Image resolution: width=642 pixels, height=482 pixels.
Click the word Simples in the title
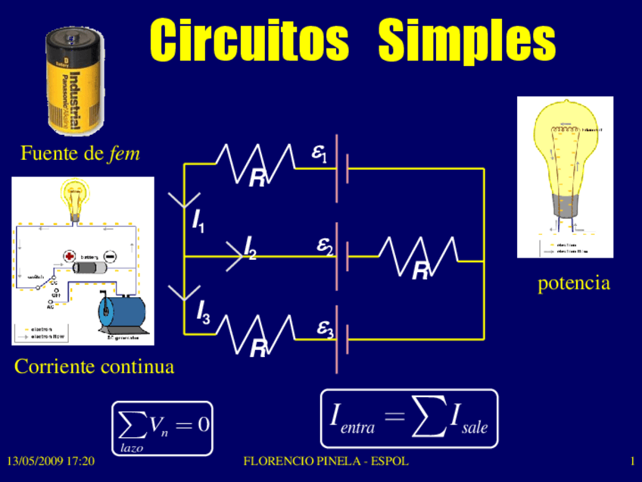466,41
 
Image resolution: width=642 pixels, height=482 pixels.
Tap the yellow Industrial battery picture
76,80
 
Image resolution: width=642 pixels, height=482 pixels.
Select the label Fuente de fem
80,154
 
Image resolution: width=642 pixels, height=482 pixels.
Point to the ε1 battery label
319,154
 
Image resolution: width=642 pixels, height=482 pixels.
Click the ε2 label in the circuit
325,247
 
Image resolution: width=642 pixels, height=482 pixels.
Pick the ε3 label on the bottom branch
325,329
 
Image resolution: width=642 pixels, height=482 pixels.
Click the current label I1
198,221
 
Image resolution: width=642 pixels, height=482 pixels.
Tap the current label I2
249,247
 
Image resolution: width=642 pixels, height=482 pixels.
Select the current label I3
203,312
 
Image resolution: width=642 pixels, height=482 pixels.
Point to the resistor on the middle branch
419,252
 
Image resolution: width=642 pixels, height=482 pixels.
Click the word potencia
573,283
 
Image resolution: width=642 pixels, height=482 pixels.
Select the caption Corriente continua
94,367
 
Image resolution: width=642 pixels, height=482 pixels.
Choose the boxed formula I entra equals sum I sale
409,418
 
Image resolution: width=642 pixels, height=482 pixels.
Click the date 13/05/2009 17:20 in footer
51,461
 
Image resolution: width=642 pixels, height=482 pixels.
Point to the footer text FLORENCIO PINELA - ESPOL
326,461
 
